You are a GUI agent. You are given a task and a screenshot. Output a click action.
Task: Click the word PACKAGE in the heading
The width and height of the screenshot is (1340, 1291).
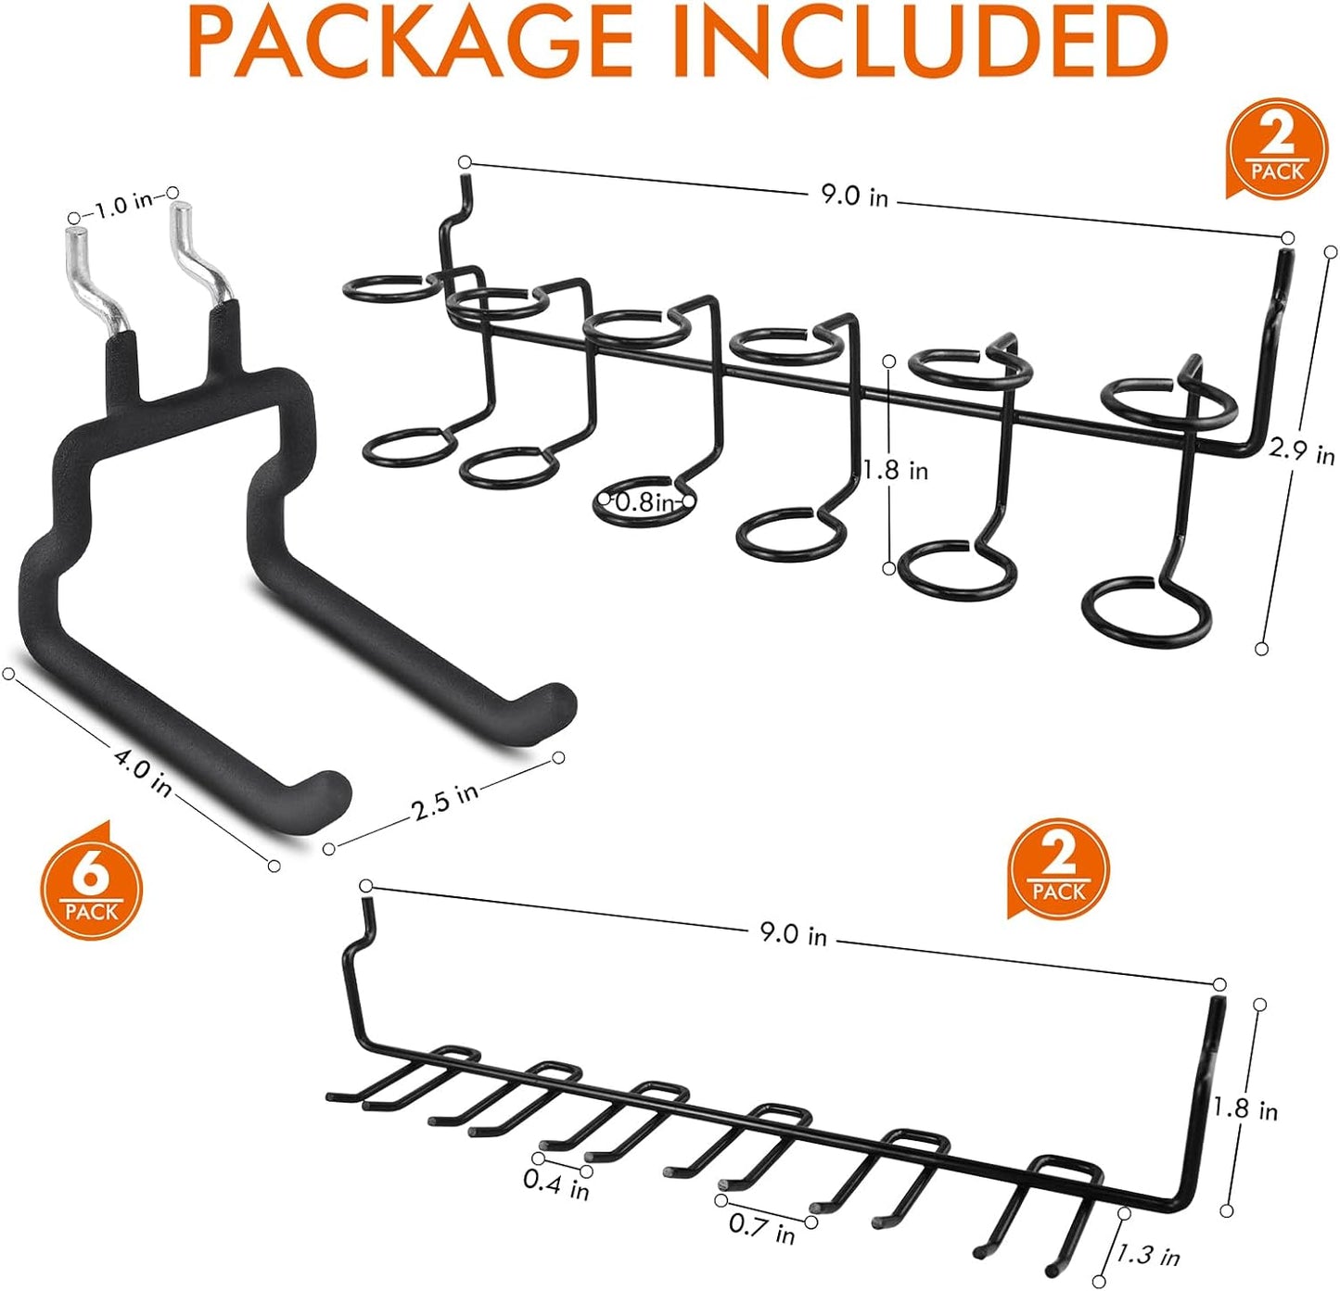408,42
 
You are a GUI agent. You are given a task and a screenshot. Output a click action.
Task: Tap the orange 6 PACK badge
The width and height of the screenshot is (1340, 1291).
91,888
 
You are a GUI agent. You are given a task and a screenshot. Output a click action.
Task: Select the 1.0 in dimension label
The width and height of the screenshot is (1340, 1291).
123,204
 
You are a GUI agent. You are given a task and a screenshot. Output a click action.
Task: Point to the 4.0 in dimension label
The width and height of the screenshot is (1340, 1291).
143,771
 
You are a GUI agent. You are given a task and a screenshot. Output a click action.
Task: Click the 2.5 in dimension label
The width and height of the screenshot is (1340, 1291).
445,801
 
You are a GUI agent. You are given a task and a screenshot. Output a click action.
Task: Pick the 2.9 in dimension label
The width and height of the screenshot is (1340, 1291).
1301,451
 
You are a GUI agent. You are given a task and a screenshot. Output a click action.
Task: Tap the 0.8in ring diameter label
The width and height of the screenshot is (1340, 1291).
645,502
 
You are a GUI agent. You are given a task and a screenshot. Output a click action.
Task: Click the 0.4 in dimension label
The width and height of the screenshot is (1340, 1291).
555,1183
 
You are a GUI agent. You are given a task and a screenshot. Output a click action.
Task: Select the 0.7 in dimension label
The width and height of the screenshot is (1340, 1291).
761,1229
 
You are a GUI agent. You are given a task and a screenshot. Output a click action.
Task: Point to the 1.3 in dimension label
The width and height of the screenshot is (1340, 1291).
1148,1255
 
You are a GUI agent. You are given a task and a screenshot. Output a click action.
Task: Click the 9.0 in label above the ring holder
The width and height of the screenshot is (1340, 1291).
854,196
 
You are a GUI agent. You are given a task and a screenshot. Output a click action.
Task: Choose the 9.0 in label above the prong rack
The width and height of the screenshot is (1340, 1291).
793,934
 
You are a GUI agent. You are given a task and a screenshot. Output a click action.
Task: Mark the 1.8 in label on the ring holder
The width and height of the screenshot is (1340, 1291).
895,470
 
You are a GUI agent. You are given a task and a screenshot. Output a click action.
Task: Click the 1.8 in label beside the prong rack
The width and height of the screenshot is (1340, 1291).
1245,1108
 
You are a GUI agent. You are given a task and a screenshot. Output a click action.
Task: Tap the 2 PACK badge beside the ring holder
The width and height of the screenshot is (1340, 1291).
1276,148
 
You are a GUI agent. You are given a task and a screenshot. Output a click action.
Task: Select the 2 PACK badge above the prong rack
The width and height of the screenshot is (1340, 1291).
1058,868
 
